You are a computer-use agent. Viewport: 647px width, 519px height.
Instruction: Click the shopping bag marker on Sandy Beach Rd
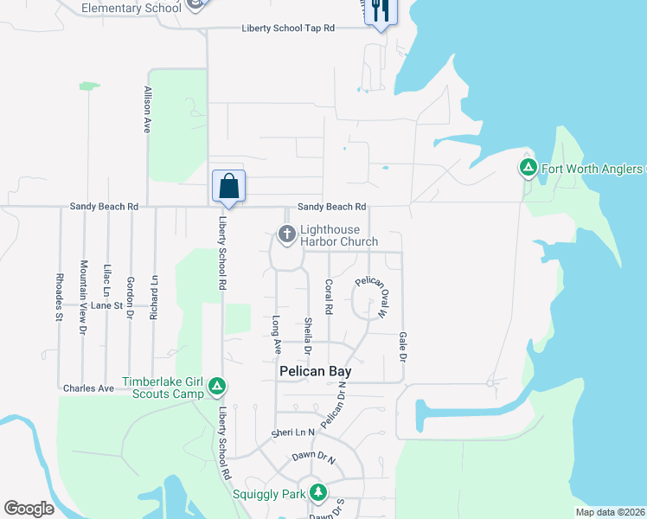tap(229, 186)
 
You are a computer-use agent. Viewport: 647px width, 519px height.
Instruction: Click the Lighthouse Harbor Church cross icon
tap(287, 234)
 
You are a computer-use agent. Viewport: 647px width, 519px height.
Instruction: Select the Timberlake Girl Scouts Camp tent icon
tap(219, 386)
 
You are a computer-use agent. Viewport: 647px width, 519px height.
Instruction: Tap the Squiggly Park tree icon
tap(319, 493)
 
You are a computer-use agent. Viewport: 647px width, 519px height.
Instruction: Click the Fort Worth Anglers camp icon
tap(528, 168)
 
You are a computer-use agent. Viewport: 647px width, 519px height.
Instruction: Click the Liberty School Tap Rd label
tap(288, 29)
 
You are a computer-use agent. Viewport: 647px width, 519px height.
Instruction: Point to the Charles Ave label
tap(88, 388)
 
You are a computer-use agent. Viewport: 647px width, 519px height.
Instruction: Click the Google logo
tap(29, 509)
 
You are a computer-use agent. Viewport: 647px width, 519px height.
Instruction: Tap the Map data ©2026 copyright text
tap(610, 512)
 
